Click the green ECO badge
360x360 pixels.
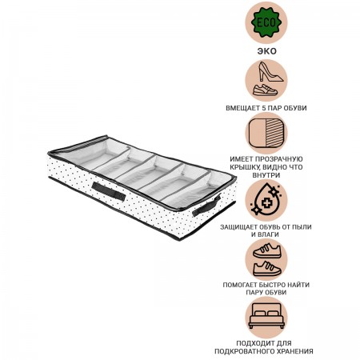266,22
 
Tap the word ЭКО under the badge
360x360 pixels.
266,51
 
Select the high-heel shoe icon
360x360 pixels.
270,72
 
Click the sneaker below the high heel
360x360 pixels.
265,90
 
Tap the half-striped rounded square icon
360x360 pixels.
266,134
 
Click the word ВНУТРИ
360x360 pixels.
266,175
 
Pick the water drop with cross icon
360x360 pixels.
266,199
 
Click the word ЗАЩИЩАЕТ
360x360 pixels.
237,227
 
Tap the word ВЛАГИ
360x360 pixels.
269,234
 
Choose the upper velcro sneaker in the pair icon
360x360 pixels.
267,250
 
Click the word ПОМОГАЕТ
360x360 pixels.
239,285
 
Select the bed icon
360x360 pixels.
266,316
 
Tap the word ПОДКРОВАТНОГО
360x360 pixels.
241,351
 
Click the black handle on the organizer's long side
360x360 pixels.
109,191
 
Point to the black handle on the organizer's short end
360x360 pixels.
206,206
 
